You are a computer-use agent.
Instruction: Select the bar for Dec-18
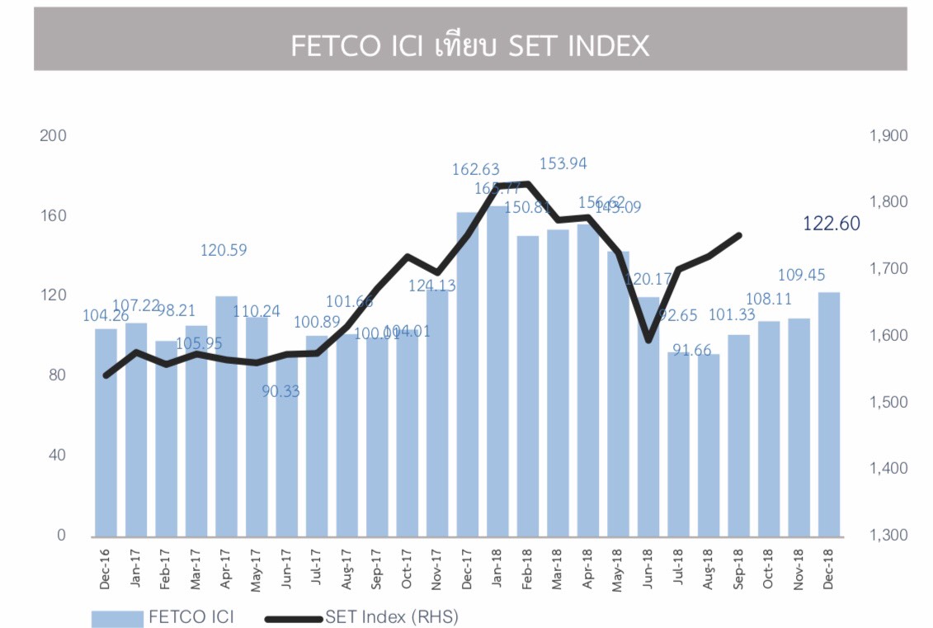pyautogui.click(x=829, y=413)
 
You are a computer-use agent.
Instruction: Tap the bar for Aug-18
pyautogui.click(x=708, y=445)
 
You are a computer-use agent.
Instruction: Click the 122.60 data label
pyautogui.click(x=831, y=224)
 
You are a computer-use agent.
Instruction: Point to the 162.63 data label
pyautogui.click(x=475, y=169)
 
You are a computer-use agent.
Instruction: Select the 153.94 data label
pyautogui.click(x=563, y=163)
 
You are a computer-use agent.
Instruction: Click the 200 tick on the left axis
pyautogui.click(x=52, y=135)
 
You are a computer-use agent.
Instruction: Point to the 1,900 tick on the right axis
pyautogui.click(x=888, y=135)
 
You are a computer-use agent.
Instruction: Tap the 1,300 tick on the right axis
pyautogui.click(x=888, y=536)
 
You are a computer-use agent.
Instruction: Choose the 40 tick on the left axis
pyautogui.click(x=55, y=455)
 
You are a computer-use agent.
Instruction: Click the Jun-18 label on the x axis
pyautogui.click(x=648, y=569)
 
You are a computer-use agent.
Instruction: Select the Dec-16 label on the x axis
pyautogui.click(x=106, y=569)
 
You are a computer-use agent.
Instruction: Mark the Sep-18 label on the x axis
pyautogui.click(x=737, y=569)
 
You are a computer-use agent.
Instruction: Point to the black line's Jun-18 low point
pyautogui.click(x=648, y=339)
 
